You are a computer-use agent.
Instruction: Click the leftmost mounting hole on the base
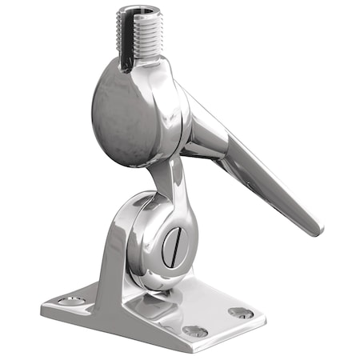point(69,301)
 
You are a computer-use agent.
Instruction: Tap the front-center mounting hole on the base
point(194,330)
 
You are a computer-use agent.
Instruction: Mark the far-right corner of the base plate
point(263,305)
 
